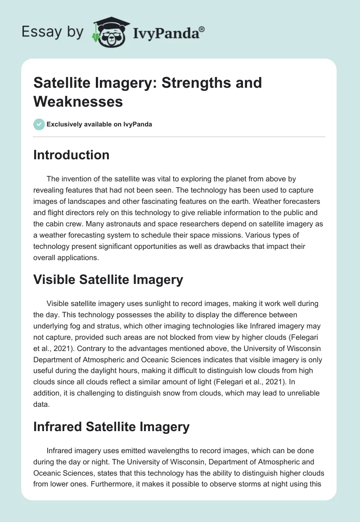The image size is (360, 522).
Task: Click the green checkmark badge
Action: (x=39, y=124)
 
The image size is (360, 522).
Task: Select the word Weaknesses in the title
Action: (x=78, y=102)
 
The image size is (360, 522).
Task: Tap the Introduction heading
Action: (x=72, y=155)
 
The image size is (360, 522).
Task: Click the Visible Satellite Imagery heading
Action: (x=108, y=280)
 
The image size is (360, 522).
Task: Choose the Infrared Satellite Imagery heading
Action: (x=112, y=427)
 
